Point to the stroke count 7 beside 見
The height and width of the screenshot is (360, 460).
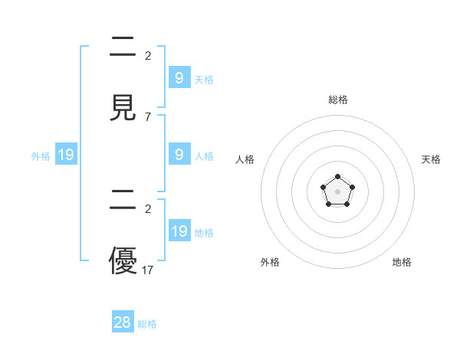click(x=148, y=117)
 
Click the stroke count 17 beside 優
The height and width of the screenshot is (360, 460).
click(x=148, y=270)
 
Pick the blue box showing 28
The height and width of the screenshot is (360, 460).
click(x=123, y=322)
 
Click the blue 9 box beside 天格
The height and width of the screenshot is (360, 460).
click(x=179, y=77)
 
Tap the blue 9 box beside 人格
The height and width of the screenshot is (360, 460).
click(x=179, y=154)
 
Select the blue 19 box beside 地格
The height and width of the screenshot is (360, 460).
click(x=179, y=231)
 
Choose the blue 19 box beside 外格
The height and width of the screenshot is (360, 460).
click(x=66, y=155)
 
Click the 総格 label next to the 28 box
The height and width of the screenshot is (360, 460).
click(x=147, y=324)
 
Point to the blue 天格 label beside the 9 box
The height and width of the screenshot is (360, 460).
click(x=204, y=79)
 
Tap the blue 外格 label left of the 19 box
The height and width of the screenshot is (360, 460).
click(x=41, y=156)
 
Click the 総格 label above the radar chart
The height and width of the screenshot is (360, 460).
click(x=337, y=100)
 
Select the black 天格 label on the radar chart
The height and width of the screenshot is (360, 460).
click(x=431, y=159)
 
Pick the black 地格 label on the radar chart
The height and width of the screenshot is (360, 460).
click(x=402, y=262)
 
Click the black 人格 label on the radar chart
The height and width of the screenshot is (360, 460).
click(x=245, y=159)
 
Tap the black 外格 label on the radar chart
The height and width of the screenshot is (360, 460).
click(x=270, y=262)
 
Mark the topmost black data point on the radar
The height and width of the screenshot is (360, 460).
click(x=337, y=177)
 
